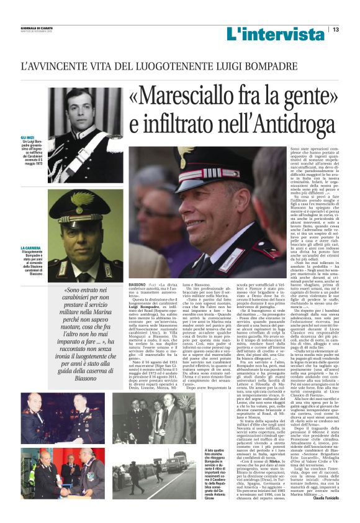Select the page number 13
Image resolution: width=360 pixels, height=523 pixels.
point(335,29)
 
